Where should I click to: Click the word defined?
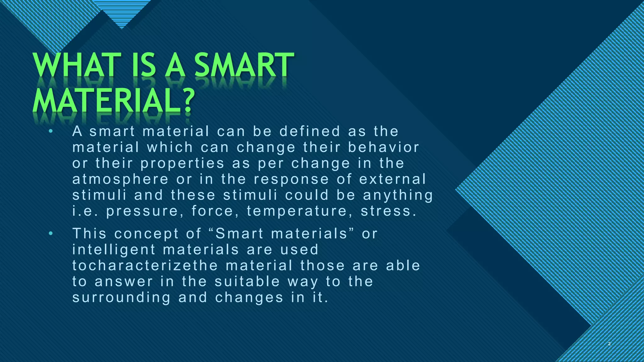[x=310, y=131]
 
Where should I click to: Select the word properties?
[x=182, y=164]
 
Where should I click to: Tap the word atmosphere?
[x=120, y=179]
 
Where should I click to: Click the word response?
[x=291, y=179]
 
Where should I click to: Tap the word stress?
[x=388, y=211]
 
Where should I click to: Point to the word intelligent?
[x=114, y=250]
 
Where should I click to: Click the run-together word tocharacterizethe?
[x=145, y=266]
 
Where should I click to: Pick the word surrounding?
[x=121, y=298]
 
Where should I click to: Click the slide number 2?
[x=609, y=344]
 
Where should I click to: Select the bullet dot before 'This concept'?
[x=51, y=233]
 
